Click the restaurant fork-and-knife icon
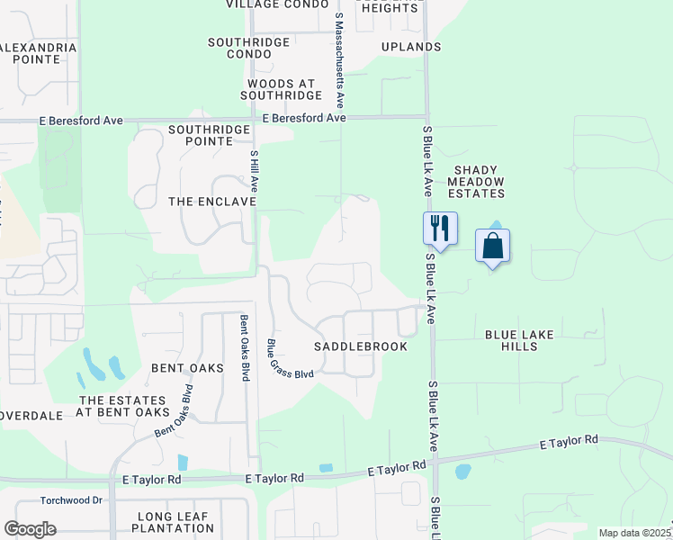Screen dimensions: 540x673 [440, 227]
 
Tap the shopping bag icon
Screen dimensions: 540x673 [492, 245]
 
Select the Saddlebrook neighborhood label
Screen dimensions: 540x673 [361, 346]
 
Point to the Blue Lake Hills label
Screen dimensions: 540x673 [519, 341]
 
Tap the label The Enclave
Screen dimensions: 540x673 [212, 202]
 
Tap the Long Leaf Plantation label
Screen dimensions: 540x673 [174, 522]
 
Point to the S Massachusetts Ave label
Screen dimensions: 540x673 [339, 54]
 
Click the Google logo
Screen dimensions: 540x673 [30, 529]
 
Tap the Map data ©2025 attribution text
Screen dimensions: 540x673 [633, 533]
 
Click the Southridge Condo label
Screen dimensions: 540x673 [249, 48]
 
